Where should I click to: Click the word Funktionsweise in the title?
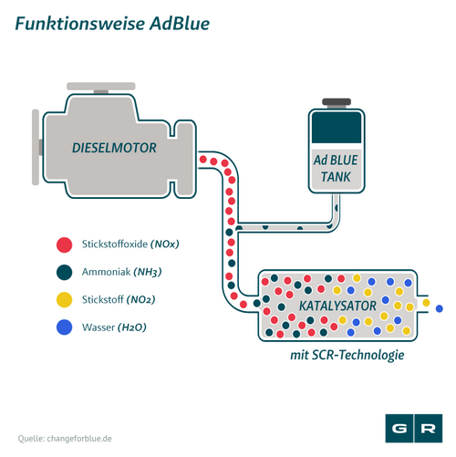pos(79,24)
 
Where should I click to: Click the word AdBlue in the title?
pos(180,24)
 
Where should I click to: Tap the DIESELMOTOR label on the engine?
pos(114,148)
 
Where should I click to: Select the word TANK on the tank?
pos(336,177)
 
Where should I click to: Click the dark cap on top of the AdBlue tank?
pos(337,102)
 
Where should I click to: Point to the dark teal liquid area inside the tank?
pos(337,128)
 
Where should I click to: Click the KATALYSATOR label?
pos(337,306)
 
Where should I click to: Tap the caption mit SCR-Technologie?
pos(347,355)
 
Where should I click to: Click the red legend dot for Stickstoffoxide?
pos(65,244)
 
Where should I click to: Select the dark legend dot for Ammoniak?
pos(65,272)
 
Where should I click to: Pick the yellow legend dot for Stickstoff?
pos(65,300)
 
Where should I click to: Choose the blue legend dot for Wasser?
pos(65,327)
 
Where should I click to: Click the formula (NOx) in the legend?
pos(165,244)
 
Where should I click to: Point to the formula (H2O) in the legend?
pos(132,327)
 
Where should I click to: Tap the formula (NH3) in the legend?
pos(148,272)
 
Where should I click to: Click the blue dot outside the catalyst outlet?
pos(440,308)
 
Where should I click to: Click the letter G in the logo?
pos(399,429)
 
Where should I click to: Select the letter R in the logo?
pos(428,429)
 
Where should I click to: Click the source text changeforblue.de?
pos(79,439)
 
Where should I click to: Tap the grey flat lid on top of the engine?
pos(101,86)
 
